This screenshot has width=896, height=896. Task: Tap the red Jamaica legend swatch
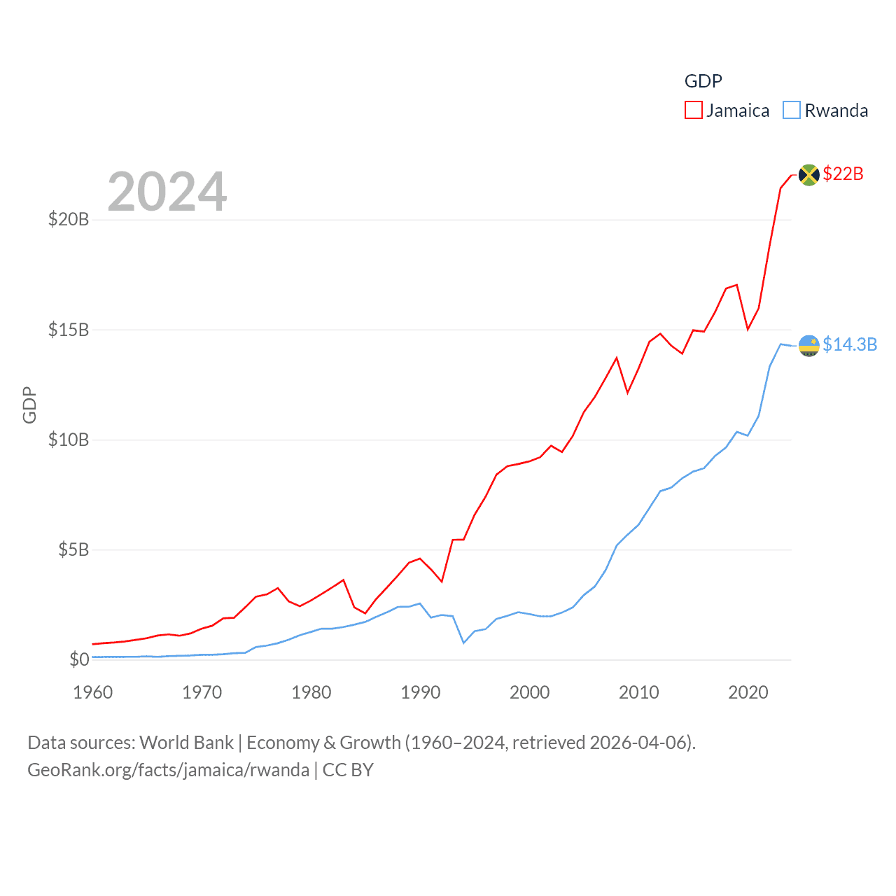pos(693,111)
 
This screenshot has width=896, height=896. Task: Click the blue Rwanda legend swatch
pos(791,111)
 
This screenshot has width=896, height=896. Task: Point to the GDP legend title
pos(703,81)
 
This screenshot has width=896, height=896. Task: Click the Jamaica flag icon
pos(808,174)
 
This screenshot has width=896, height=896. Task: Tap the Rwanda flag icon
pos(808,345)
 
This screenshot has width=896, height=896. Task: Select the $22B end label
pos(843,174)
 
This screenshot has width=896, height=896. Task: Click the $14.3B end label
pos(849,344)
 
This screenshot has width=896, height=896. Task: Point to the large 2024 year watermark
pos(167,192)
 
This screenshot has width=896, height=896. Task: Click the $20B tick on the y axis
pos(69,220)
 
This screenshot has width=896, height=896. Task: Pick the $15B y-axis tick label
pos(69,330)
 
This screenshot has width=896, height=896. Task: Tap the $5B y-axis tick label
pos(73,549)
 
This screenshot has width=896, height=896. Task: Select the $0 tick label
pos(79,659)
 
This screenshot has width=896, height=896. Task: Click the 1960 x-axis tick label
pos(92,693)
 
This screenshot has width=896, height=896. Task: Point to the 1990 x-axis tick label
pos(420,693)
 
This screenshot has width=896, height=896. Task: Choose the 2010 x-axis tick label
pos(638,693)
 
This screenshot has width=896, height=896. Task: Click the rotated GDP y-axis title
pos(29,405)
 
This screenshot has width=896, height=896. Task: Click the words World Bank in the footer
pos(186,743)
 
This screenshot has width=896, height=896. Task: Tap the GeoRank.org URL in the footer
pos(168,770)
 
